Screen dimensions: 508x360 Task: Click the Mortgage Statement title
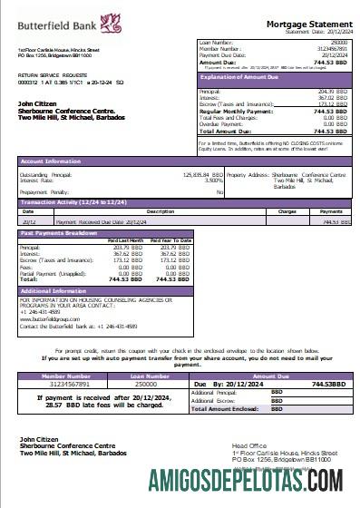click(305, 24)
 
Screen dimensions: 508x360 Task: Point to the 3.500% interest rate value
click(215, 180)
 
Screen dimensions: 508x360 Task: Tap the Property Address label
click(248, 173)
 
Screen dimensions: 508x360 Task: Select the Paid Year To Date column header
click(170, 240)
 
